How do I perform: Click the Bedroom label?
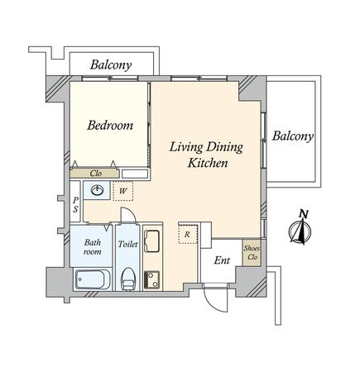click(110, 126)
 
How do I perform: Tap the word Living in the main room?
click(186, 147)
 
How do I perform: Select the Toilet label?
click(127, 244)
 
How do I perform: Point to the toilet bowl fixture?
click(128, 279)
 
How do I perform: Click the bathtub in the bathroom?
click(94, 279)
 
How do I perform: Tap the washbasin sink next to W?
click(97, 190)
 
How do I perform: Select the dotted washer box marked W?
click(123, 191)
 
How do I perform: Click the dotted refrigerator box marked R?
click(188, 234)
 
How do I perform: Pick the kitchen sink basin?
click(152, 241)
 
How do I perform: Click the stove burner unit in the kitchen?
click(151, 279)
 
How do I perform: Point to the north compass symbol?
click(300, 229)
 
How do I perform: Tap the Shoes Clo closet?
click(252, 253)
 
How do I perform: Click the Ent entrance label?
click(222, 260)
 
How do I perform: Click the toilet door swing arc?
click(130, 212)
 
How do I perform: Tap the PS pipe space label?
click(75, 205)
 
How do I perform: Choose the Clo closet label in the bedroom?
click(96, 174)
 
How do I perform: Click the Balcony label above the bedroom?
click(111, 65)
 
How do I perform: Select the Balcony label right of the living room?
click(293, 136)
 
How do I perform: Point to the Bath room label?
click(93, 247)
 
